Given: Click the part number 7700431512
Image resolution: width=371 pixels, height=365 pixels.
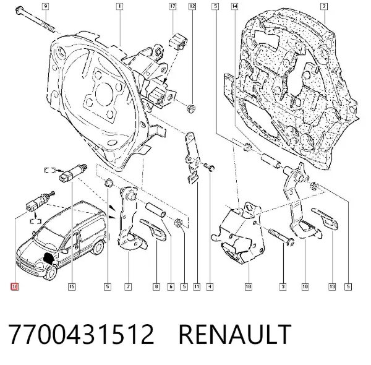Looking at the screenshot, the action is [81, 334].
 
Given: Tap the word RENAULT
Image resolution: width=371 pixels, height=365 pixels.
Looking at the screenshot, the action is [235, 334].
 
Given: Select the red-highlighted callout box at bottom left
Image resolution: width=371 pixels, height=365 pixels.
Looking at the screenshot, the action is [14, 286].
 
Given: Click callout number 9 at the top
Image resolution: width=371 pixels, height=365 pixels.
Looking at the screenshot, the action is [45, 6].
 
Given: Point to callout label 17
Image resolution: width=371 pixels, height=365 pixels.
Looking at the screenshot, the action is [173, 6].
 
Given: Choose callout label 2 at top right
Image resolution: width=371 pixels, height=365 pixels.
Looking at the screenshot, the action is [324, 6].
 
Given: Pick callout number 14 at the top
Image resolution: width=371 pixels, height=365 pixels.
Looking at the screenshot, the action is [234, 6].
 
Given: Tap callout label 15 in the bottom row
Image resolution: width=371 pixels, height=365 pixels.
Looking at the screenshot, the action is [72, 286].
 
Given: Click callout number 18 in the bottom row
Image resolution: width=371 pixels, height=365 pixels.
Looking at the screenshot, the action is [248, 286].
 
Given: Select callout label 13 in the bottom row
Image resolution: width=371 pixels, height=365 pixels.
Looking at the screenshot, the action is [332, 286].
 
